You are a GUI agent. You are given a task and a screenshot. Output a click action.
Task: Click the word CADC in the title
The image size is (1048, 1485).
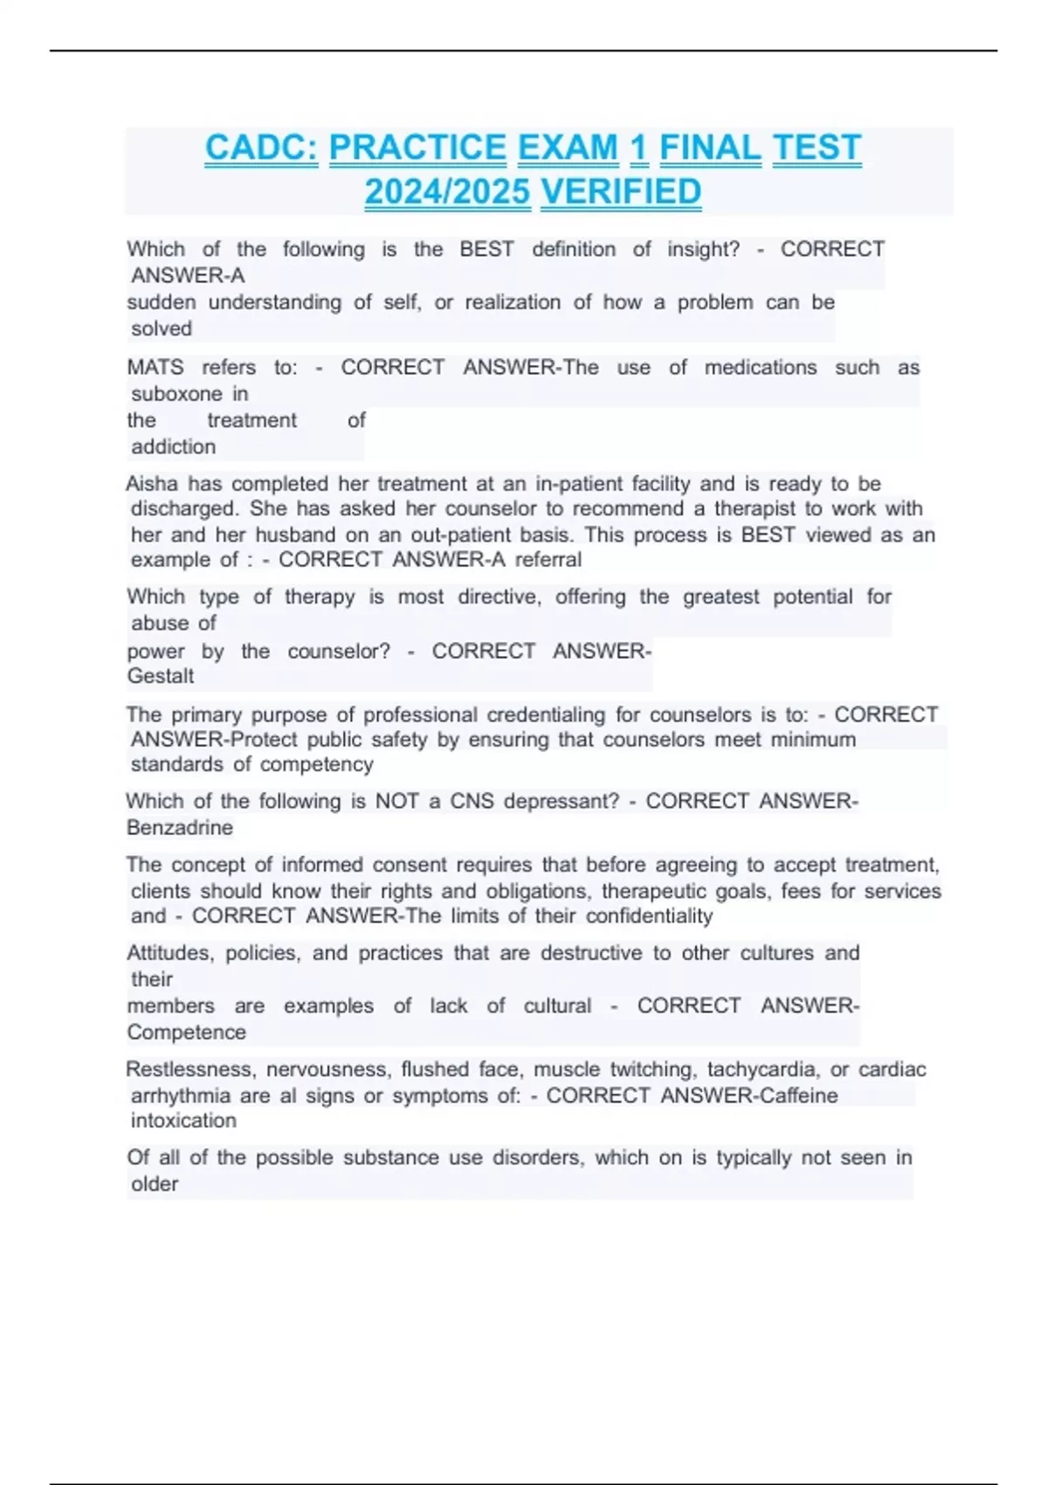coord(261,148)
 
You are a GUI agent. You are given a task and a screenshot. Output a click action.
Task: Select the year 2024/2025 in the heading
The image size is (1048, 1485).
coord(447,192)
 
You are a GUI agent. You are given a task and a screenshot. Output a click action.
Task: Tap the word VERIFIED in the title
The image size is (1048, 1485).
coord(621,192)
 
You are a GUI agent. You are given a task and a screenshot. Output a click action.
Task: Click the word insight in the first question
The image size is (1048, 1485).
coord(702,249)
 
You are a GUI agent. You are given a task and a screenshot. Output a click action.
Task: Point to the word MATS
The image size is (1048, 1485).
coord(155,368)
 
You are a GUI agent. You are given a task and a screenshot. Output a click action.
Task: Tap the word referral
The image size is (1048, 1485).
coord(548,560)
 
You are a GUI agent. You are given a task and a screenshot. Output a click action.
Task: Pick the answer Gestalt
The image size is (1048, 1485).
coord(161,676)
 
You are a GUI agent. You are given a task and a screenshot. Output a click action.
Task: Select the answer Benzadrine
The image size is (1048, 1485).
coord(180,827)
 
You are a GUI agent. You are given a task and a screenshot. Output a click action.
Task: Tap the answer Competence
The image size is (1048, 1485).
coord(186,1032)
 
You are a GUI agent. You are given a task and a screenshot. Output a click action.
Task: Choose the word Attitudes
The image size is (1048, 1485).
coord(170,953)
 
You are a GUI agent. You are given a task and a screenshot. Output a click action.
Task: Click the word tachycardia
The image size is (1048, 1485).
coord(763,1069)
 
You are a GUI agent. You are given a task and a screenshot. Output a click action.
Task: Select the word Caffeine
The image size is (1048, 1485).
coord(798,1095)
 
